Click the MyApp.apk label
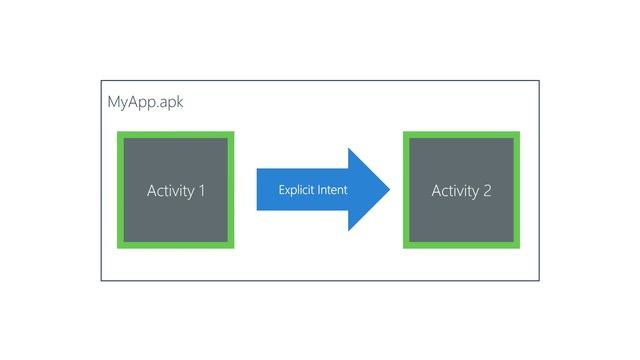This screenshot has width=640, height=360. [x=145, y=102]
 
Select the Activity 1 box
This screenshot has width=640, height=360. [x=176, y=189]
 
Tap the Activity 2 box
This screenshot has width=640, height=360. [x=461, y=189]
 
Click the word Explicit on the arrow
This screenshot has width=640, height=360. [x=296, y=189]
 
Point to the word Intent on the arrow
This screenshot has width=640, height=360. [x=332, y=189]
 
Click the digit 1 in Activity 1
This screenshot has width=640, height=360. [x=202, y=190]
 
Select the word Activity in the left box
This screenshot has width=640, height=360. [x=171, y=190]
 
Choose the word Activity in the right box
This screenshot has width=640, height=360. [x=455, y=190]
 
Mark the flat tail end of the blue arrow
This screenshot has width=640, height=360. [x=259, y=189]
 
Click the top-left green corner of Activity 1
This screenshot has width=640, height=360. [x=120, y=134]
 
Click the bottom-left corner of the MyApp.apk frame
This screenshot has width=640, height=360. [x=101, y=280]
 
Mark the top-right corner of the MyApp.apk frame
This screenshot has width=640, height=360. [x=538, y=81]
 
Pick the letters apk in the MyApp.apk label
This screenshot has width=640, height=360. [x=171, y=103]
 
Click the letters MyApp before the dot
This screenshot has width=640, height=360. [x=131, y=102]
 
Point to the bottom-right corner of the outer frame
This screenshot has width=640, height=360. [x=538, y=280]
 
